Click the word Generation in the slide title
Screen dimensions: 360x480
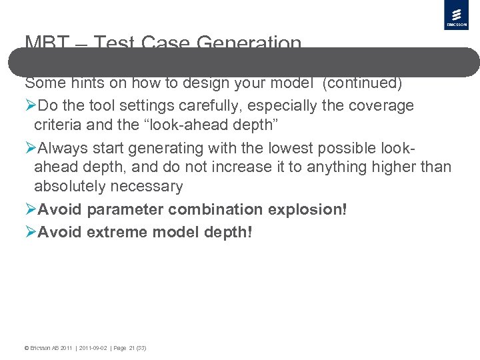point(249,43)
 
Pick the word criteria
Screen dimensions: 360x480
point(59,125)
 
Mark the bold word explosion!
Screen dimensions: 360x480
point(307,209)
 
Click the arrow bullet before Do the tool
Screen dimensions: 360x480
point(31,106)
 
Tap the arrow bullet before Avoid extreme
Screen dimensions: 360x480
point(31,232)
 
